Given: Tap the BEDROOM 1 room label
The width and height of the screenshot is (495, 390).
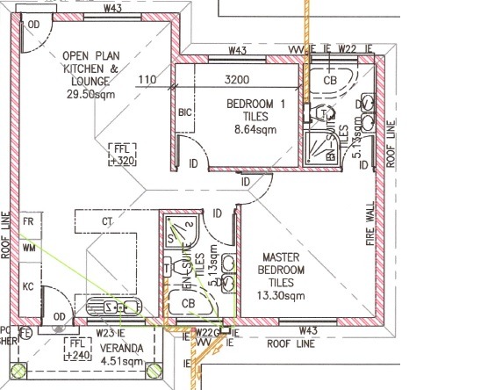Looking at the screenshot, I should [256, 105].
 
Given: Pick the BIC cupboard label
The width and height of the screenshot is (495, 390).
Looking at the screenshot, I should [185, 112].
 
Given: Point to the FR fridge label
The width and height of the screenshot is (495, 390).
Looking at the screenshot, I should [29, 222].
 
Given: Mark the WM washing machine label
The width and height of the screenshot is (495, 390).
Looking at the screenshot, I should [29, 249].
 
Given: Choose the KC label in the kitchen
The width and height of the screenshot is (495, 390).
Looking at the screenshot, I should [29, 286].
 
